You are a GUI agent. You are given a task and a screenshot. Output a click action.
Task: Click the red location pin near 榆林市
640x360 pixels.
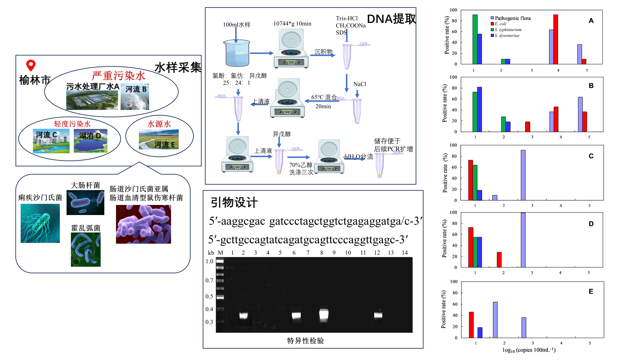31,65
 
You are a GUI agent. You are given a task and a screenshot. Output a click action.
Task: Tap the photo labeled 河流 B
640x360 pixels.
135,97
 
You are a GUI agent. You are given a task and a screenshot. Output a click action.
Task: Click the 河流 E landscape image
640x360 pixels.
159,139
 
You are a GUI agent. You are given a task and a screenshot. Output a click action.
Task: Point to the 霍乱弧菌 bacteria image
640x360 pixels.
86,249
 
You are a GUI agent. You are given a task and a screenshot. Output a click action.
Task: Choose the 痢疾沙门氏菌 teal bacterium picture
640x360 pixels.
40,223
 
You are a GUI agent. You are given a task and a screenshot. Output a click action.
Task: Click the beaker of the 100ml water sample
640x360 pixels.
237,54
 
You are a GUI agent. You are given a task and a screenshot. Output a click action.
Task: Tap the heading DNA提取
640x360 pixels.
391,19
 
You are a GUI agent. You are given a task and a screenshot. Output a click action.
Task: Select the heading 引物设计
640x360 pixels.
234,202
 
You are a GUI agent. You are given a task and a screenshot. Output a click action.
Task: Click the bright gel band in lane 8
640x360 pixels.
324,315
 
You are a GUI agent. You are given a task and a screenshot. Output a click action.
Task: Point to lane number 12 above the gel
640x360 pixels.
377,252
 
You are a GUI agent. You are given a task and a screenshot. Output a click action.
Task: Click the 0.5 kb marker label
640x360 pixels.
209,296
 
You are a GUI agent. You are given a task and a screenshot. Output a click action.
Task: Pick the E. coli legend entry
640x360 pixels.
500,24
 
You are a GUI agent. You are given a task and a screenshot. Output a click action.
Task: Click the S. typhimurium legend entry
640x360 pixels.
508,30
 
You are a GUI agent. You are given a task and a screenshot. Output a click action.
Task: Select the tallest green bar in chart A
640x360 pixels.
475,39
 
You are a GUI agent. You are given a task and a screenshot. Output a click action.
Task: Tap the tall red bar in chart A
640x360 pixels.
556,39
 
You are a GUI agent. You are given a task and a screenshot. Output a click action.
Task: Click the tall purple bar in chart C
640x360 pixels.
523,175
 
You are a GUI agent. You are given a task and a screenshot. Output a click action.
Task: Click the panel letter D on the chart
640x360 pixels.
591,224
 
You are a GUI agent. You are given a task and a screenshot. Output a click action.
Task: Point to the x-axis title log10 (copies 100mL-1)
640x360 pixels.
529,350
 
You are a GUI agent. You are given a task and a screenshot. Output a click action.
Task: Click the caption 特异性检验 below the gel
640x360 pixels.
305,341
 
